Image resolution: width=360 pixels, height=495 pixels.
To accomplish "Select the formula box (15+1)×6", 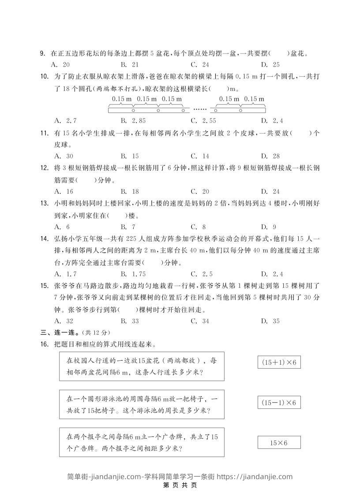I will pos(279,363).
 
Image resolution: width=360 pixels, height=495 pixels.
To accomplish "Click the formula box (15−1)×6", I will pos(279,403).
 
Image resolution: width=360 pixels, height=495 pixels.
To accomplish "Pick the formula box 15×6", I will pos(279,442).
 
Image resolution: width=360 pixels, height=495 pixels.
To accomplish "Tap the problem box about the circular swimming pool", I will pos(141,404).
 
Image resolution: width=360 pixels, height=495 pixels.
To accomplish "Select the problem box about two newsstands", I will pos(141,442).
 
